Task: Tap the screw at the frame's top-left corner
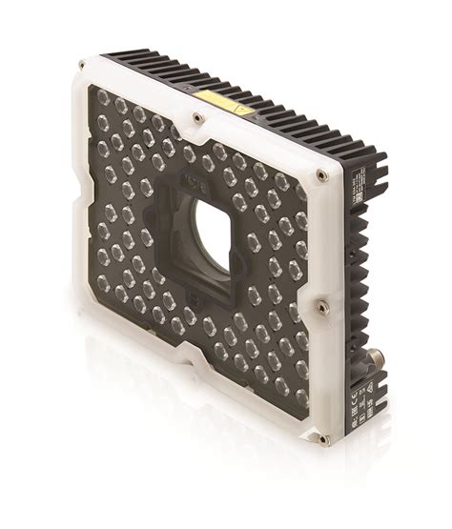tap(82, 66)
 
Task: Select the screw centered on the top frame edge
tap(197, 118)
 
